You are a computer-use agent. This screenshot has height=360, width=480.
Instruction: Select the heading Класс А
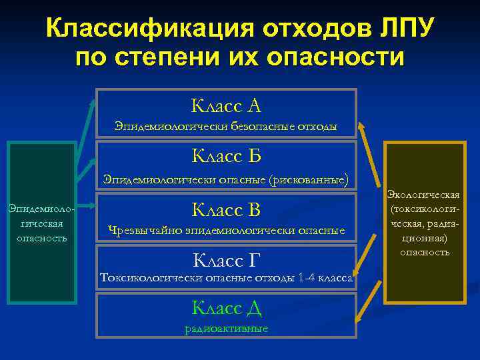226,105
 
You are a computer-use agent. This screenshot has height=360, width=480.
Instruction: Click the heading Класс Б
226,156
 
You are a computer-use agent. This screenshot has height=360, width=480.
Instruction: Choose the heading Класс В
226,210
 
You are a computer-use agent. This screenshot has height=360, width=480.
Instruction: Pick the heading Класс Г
226,259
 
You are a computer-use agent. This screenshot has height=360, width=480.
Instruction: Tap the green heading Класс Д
226,307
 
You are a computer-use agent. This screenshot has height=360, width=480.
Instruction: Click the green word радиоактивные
226,328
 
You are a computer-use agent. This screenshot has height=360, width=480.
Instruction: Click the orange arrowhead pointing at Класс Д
360,319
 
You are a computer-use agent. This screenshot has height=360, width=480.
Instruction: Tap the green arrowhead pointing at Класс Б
93,160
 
